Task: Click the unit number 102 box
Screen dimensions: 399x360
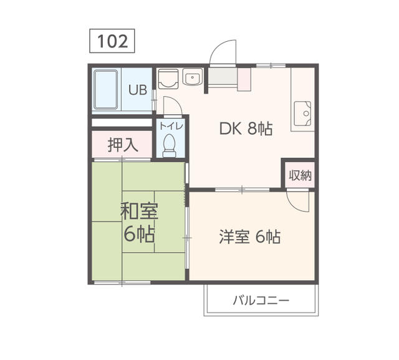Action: click(112, 41)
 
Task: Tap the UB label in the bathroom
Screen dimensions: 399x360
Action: click(138, 90)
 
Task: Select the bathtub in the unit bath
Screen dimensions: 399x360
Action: click(106, 89)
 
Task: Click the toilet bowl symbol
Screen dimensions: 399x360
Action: click(169, 145)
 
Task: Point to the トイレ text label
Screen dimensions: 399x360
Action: click(171, 126)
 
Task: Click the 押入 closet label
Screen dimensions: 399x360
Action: click(123, 145)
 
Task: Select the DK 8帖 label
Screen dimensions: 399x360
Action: click(246, 129)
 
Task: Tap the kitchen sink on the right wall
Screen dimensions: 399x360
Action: click(302, 114)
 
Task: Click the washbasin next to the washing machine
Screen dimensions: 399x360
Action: click(193, 76)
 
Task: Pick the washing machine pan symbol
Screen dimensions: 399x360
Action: click(168, 79)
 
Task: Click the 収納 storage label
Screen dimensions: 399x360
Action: click(300, 175)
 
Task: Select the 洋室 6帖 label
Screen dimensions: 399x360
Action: click(250, 236)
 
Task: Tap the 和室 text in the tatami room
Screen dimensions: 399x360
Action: click(139, 211)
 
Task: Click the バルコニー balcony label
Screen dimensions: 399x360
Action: click(261, 301)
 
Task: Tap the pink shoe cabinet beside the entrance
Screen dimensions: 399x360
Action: click(244, 79)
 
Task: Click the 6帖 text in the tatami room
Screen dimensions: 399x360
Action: click(139, 235)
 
